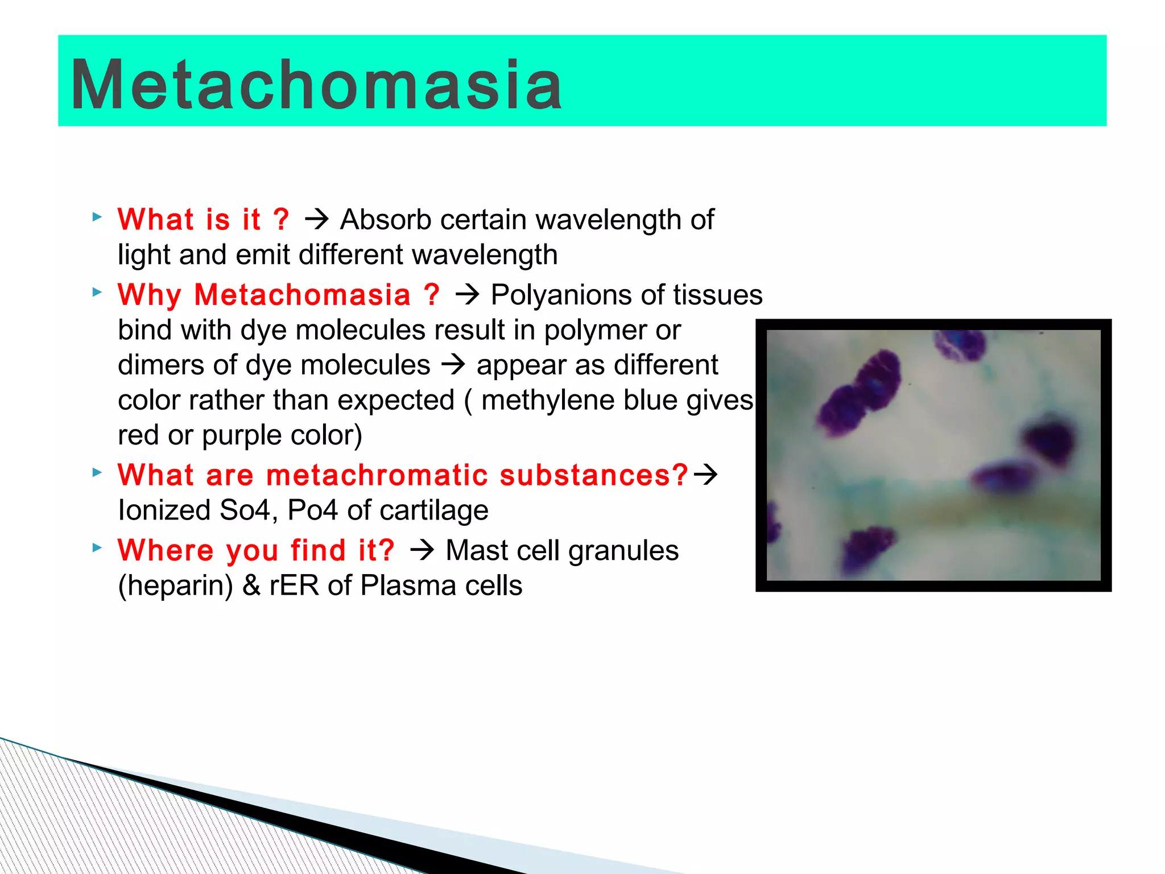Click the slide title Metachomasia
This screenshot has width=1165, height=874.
(x=316, y=85)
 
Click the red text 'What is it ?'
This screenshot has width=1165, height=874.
(x=203, y=220)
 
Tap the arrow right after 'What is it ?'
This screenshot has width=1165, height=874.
(x=316, y=220)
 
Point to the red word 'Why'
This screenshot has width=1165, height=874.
(x=149, y=295)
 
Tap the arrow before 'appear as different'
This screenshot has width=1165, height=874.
(x=453, y=365)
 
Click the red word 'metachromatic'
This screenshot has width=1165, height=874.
(x=377, y=475)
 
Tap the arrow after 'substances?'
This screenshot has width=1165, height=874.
(x=706, y=475)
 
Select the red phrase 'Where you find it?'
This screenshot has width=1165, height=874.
(x=256, y=551)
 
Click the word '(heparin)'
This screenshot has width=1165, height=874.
(x=175, y=586)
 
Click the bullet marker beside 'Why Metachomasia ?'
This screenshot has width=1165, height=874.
(x=97, y=292)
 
